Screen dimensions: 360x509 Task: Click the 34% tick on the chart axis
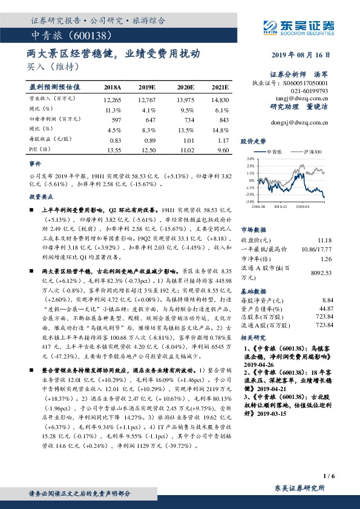[x=247, y=158]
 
